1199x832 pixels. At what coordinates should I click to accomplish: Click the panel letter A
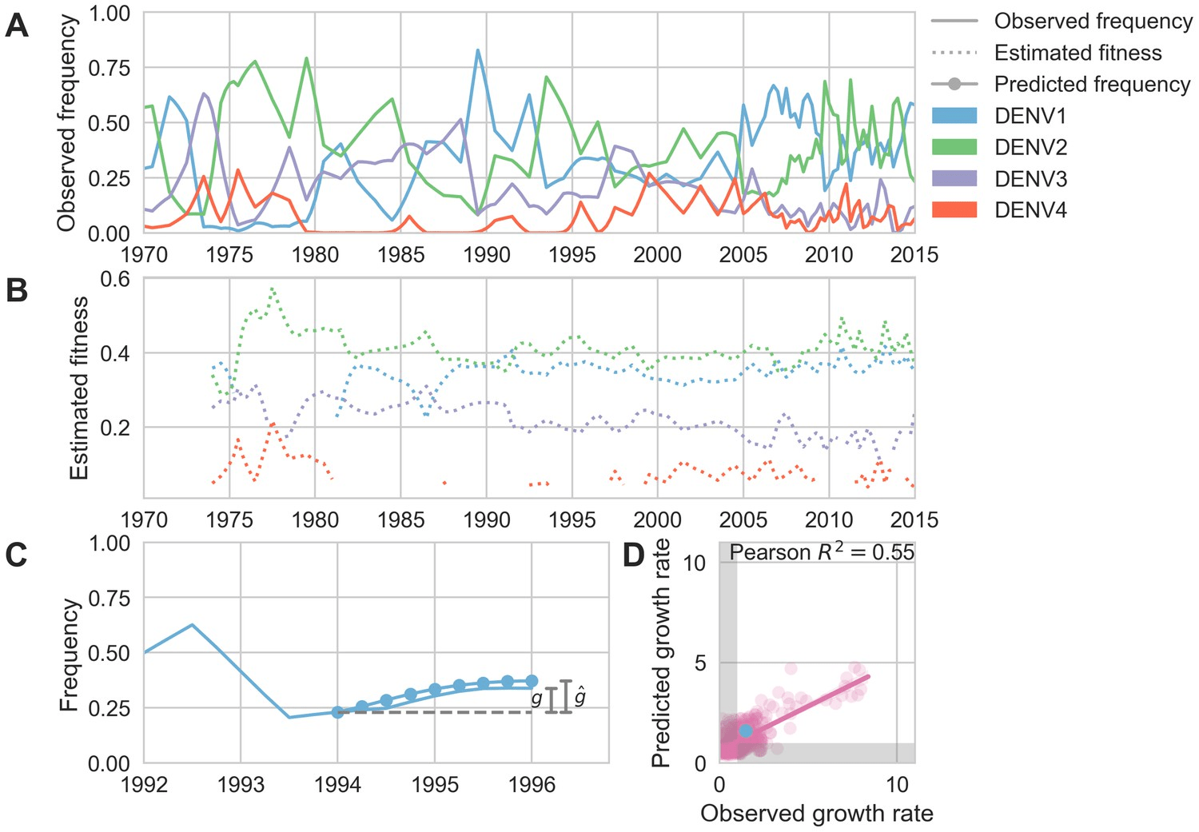16,26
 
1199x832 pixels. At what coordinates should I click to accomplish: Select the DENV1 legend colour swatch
954,116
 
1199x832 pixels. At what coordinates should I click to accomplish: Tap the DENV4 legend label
1030,210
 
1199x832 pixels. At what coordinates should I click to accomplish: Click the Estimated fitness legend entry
1078,53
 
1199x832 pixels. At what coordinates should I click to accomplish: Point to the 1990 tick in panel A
486,254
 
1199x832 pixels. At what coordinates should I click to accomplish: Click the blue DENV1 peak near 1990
478,50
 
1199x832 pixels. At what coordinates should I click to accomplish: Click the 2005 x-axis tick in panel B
743,520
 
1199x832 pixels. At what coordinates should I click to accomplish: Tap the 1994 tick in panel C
337,785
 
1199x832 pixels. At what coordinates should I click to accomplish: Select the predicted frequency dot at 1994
337,712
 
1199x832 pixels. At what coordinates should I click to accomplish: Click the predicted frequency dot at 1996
532,681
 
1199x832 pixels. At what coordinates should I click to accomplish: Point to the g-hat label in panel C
580,697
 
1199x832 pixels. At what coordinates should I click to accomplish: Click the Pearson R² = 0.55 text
822,552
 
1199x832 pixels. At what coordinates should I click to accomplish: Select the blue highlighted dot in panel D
746,730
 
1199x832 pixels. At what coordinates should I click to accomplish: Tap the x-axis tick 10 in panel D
897,785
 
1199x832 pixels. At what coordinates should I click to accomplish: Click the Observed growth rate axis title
816,814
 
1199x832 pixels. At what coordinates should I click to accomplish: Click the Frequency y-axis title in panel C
70,655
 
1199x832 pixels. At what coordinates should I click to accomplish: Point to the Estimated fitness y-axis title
78,388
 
